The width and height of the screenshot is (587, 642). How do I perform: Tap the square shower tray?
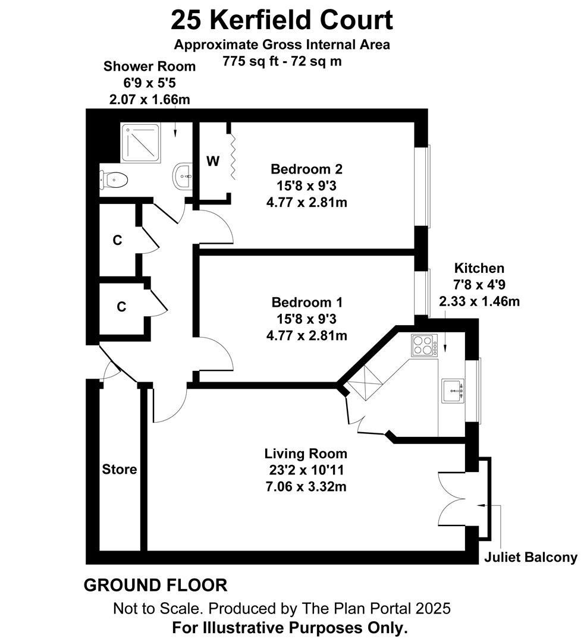(x=140, y=143)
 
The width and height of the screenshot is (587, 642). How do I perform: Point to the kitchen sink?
(x=453, y=391)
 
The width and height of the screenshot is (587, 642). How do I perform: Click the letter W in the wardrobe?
(x=213, y=161)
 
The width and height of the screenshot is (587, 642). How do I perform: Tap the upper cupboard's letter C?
(x=118, y=240)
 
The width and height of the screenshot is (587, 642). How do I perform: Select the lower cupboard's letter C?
(x=121, y=307)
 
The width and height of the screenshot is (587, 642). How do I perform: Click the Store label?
(x=119, y=469)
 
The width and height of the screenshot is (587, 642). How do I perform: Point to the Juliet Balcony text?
(x=531, y=557)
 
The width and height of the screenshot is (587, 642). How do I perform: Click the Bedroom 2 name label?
(x=306, y=169)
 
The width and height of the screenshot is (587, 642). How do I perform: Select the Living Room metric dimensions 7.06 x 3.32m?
(x=306, y=487)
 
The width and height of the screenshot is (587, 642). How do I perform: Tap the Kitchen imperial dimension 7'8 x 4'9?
(x=479, y=285)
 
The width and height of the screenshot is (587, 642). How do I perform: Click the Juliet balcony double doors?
(x=452, y=499)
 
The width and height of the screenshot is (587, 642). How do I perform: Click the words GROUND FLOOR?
(x=155, y=586)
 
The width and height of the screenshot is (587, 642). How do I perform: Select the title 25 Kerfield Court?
(x=282, y=20)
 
